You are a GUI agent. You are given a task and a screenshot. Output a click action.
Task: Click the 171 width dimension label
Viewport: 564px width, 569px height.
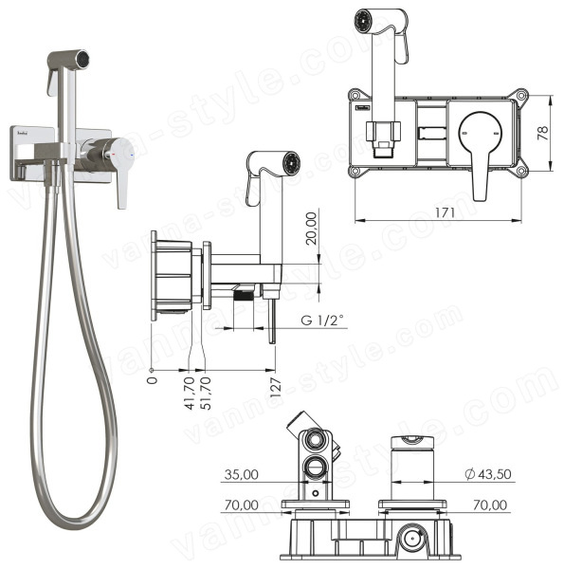pos(445,212)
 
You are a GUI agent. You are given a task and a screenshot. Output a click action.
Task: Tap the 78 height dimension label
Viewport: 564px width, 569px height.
pos(542,134)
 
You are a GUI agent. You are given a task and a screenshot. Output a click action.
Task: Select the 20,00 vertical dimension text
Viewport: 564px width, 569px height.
pos(311,229)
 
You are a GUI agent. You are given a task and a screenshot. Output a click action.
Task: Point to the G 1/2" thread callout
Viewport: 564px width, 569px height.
pos(321,321)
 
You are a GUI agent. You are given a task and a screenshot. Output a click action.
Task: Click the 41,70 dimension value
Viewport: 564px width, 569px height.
pos(191,394)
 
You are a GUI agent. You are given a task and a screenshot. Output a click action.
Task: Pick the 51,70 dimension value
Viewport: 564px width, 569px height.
pos(206,394)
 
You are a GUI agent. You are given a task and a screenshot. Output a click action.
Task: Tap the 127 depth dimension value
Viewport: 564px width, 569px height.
pos(275,388)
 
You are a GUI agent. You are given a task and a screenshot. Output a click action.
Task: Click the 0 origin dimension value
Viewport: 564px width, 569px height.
pos(153,380)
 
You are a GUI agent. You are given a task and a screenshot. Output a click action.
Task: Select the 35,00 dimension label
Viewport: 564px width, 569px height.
pos(241,475)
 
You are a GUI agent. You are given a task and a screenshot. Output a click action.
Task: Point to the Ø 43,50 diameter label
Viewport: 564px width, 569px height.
pos(488,474)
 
